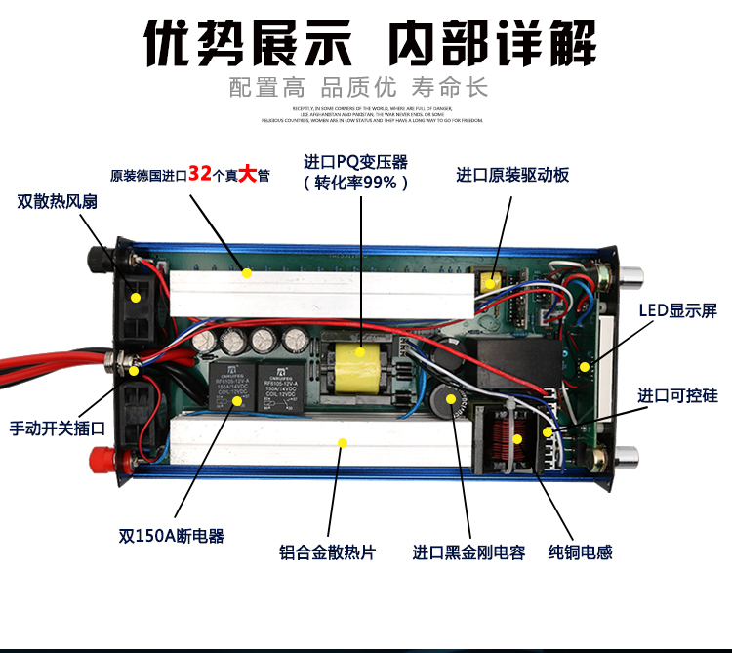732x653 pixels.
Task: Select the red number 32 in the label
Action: [x=200, y=174]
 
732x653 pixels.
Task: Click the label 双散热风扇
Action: [x=58, y=201]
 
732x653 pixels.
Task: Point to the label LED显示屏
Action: [x=678, y=310]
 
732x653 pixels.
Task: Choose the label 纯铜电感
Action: [x=581, y=551]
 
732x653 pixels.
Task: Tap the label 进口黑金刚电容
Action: [x=468, y=551]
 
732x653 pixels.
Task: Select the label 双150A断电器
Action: [x=172, y=535]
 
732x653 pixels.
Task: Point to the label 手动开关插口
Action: [x=58, y=427]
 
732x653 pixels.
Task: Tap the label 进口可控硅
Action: [x=678, y=395]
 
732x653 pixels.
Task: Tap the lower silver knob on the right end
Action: [x=626, y=455]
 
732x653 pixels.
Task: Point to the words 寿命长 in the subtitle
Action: [x=453, y=86]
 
